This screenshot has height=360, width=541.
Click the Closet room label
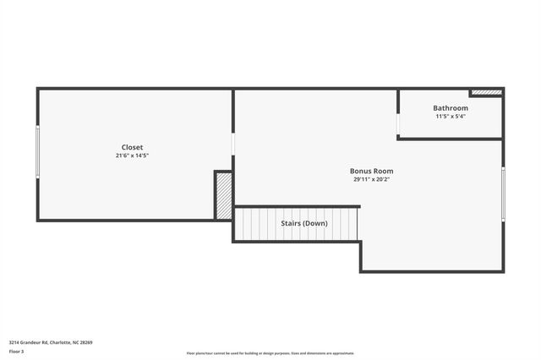[132, 147]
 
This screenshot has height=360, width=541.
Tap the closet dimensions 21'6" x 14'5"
[132, 155]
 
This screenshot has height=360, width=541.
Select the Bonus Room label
[372, 171]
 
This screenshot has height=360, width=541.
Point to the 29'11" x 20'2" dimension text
[372, 179]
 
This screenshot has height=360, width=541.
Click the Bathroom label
[451, 108]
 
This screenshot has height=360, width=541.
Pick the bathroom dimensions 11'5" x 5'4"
[451, 117]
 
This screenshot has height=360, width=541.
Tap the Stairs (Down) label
[304, 223]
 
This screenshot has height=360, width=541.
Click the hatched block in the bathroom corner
[486, 92]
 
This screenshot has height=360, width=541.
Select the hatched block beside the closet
[224, 196]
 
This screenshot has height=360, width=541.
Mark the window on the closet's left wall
[37, 151]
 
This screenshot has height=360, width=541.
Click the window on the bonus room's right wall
[503, 194]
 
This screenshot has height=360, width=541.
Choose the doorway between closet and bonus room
[233, 145]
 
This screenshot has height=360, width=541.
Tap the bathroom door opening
[398, 124]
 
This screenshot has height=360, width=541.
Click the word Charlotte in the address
[60, 342]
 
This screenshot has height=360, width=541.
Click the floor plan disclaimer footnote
[270, 352]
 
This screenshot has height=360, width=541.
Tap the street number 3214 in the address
[14, 342]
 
